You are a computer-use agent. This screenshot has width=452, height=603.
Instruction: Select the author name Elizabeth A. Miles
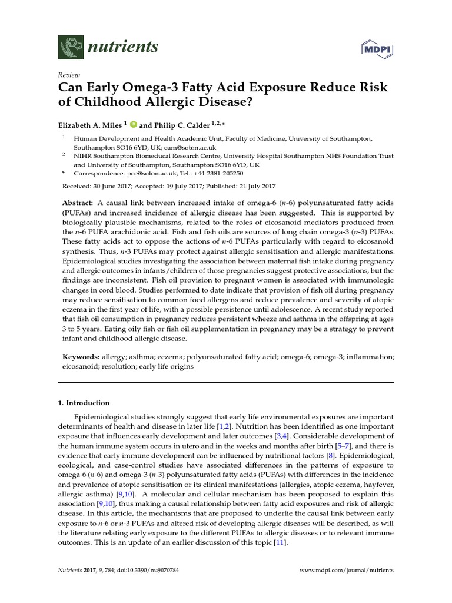point(89,125)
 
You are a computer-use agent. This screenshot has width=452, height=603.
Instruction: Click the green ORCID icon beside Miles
point(134,124)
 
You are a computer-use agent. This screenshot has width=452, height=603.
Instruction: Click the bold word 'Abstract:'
point(81,203)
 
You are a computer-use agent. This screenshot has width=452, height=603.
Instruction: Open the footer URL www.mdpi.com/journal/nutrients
point(347,571)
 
